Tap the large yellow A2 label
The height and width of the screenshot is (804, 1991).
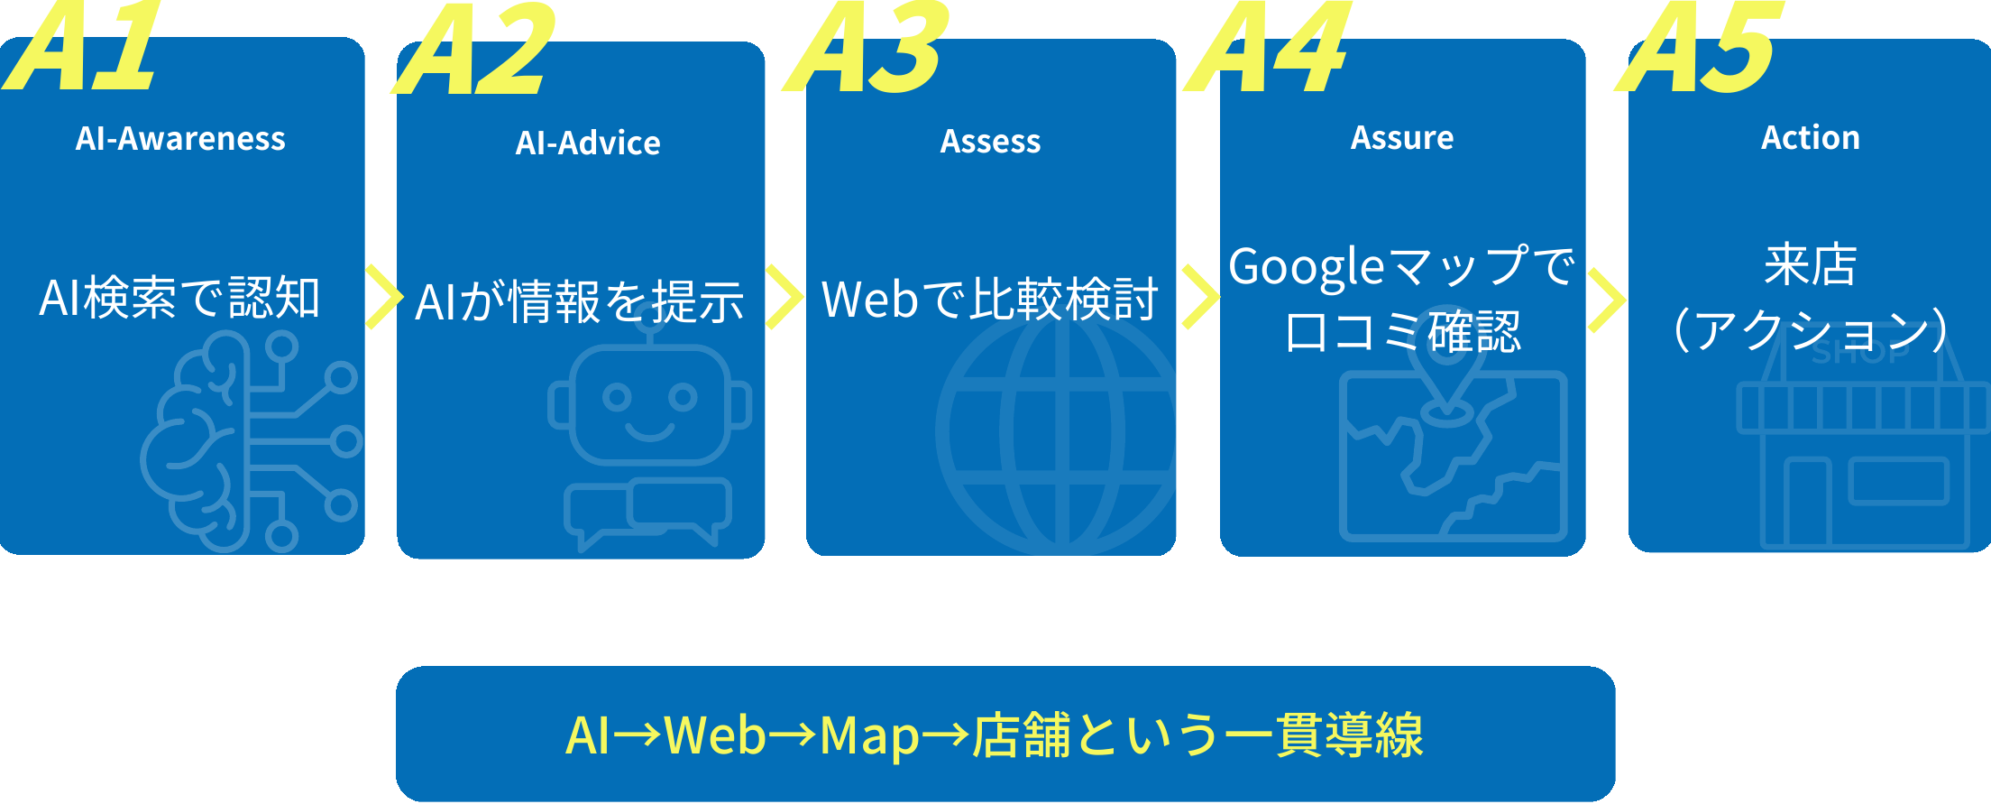pos(476,51)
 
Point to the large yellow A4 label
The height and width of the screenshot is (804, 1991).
pos(1270,49)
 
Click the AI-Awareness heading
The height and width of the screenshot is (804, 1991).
pos(180,139)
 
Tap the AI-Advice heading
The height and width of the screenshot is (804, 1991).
pos(588,143)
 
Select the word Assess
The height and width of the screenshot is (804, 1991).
pos(990,142)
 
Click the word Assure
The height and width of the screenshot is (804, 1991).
pos(1402,138)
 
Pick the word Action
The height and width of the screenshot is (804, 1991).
pos(1811,138)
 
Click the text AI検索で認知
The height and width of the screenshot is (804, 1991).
pos(179,298)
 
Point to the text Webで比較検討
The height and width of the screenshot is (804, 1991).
pos(990,300)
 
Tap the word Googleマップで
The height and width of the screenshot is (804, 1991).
pos(1402,267)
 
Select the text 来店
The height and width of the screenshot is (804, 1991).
pos(1811,265)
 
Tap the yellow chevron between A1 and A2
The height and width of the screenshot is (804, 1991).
pos(382,298)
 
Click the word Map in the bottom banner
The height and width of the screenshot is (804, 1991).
pos(869,735)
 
